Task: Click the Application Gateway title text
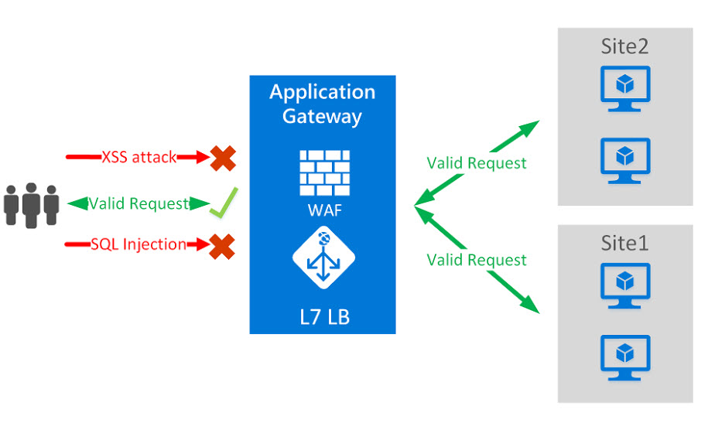point(322,104)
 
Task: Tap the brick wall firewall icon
point(324,172)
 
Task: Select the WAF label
point(324,210)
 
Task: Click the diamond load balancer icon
point(323,258)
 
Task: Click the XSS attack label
point(139,157)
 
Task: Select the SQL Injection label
point(139,244)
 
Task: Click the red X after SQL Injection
point(223,247)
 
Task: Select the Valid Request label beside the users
point(139,203)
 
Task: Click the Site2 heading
point(624,46)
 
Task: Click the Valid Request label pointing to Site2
point(477,163)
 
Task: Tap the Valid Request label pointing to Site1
point(477,260)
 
